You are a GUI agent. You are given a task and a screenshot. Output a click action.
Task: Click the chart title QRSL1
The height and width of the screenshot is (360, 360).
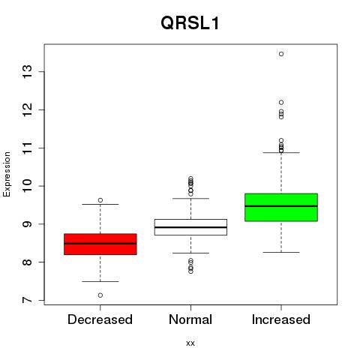190,23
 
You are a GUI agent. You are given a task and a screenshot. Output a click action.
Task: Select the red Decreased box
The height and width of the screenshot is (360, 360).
100,244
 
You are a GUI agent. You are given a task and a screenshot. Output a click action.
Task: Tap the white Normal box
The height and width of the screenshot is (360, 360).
190,227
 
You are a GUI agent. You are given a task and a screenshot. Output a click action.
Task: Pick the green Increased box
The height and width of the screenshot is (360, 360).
281,207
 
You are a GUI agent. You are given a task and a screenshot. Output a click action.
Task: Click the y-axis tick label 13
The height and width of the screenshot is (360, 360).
27,72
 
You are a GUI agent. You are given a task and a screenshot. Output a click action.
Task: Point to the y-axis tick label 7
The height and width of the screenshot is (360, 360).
27,300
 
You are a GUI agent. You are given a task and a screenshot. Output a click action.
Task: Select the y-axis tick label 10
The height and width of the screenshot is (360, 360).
27,186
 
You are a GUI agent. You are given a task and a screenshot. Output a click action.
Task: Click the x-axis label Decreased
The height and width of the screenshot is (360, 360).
100,319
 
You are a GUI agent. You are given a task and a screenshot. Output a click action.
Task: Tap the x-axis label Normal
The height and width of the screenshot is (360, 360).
190,319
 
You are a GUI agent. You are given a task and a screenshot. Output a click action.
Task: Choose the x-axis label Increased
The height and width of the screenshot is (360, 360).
281,319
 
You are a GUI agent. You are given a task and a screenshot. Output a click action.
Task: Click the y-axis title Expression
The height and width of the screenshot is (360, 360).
7,174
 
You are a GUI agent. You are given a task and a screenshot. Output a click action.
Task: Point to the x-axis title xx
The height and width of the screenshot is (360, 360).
190,343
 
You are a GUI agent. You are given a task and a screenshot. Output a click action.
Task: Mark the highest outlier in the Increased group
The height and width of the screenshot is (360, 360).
281,54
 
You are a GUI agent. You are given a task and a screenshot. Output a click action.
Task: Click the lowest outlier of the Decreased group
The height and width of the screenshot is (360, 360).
100,295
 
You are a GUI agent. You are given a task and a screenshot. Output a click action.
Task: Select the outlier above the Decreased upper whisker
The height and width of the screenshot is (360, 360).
100,200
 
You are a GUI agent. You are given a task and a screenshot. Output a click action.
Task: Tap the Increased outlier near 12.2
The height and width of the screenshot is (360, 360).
281,102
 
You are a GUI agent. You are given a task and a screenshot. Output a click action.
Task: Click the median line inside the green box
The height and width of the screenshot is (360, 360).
281,206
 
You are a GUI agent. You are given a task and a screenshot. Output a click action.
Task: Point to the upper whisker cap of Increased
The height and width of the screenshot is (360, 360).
281,152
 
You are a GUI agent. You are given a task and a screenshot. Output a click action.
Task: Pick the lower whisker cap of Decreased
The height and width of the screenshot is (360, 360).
100,281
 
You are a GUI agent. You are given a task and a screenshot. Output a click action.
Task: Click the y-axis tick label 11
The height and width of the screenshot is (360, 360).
27,148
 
